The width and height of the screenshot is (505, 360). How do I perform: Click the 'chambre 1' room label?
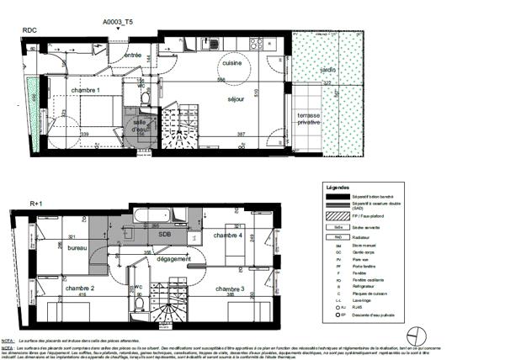86,90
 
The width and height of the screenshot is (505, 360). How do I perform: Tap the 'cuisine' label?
233,64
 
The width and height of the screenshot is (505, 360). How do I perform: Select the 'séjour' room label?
236,99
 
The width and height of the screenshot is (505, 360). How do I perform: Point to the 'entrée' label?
133,55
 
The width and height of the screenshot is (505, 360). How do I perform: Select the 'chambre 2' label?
80,289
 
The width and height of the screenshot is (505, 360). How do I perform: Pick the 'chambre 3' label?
230,289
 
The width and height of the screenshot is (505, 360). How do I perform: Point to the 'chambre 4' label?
228,236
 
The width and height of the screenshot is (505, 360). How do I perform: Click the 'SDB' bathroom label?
165,235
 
